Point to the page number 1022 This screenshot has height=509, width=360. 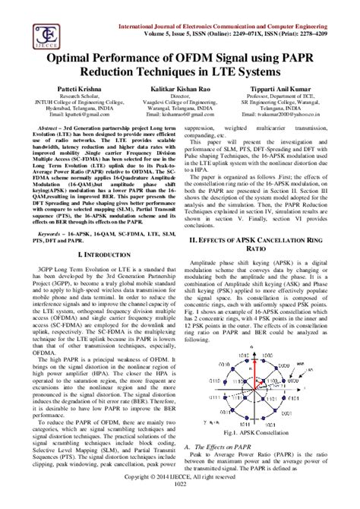tap(180, 504)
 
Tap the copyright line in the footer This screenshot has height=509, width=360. tap(180, 496)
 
